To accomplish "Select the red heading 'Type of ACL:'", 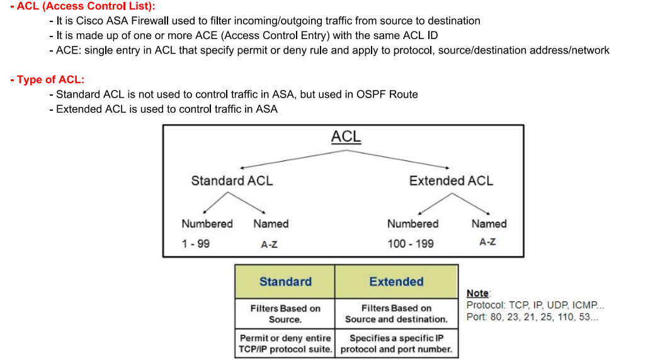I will click(x=47, y=79).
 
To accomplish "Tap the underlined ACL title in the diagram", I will click(x=346, y=137).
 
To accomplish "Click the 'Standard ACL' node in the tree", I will click(x=232, y=181).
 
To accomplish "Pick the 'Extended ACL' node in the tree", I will click(x=451, y=181).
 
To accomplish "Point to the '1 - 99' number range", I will click(x=195, y=244).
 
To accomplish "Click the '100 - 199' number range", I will click(x=410, y=244).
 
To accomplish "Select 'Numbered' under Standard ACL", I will click(x=207, y=223).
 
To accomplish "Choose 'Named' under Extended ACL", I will click(x=489, y=223).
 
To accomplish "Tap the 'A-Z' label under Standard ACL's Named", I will click(x=269, y=244).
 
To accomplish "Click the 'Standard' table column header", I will click(x=285, y=282).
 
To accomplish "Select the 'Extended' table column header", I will click(x=396, y=282).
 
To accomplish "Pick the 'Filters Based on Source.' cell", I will click(x=285, y=313).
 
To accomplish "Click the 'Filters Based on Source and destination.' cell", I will click(x=396, y=313).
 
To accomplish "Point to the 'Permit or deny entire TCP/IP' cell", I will click(x=285, y=343).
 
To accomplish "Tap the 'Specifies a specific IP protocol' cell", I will click(x=396, y=343).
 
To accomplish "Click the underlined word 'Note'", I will click(x=477, y=293).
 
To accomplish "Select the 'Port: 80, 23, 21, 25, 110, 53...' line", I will click(x=532, y=317).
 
